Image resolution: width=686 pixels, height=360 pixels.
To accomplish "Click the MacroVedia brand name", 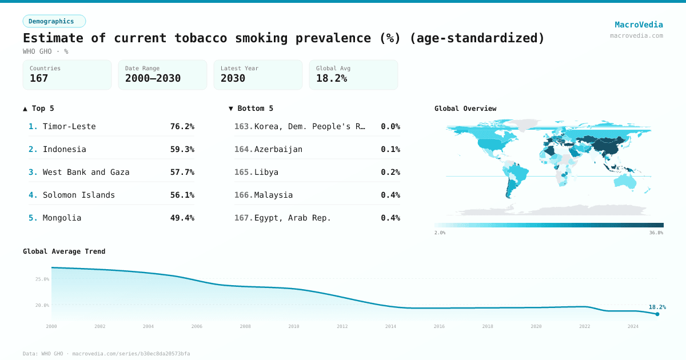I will (639, 25).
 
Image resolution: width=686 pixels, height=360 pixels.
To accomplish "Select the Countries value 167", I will (39, 78).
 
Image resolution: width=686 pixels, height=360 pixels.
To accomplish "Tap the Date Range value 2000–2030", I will (153, 78).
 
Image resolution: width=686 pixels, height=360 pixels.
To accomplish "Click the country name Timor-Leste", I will (69, 126).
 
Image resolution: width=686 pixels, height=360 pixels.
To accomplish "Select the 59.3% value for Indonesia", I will (182, 149).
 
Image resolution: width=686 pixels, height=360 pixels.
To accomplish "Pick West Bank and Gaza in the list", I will (86, 172).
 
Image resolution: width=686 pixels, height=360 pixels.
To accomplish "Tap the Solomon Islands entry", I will (79, 195).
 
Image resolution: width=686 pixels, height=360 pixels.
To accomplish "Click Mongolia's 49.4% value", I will (182, 218).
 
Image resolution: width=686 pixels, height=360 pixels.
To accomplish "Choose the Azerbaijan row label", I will (278, 149).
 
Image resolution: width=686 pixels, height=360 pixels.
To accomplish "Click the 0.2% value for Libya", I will (390, 172).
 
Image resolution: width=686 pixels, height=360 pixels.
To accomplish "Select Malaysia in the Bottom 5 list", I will (273, 195).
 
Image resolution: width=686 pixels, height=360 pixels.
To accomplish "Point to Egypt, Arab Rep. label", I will (293, 218).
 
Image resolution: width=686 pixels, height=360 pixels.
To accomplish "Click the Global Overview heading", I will (465, 109).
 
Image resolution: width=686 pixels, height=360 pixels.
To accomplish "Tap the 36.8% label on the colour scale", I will (656, 233).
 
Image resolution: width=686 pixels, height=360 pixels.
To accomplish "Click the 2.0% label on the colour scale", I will (440, 233).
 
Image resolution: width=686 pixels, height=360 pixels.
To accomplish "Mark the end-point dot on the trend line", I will (657, 314).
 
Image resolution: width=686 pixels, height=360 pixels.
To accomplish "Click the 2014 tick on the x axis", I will (390, 326).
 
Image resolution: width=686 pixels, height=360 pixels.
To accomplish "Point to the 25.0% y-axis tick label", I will (42, 279).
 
